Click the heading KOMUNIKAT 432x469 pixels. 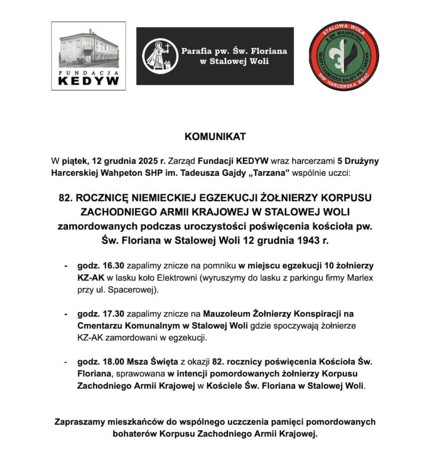[215, 137]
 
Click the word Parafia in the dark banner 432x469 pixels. [198, 51]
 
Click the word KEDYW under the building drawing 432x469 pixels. [88, 81]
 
